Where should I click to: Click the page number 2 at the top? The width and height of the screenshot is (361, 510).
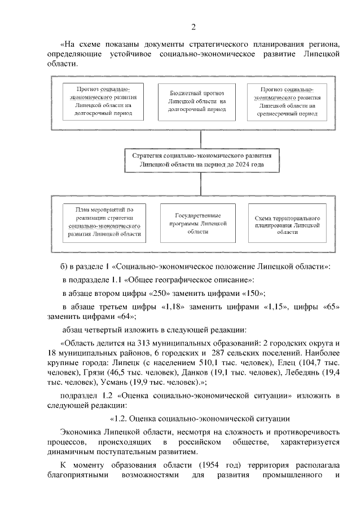tap(193, 27)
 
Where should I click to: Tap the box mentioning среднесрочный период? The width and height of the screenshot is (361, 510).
tap(288, 101)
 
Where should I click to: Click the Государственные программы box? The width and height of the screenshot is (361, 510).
tap(193, 223)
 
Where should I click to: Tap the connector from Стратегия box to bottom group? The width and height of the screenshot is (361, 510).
tap(193, 184)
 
